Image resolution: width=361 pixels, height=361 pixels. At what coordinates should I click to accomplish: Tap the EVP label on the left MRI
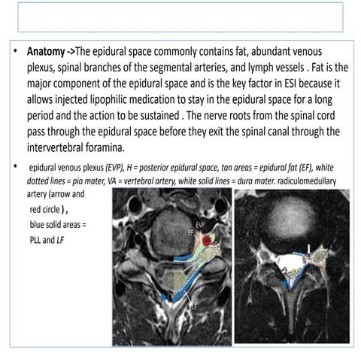[x=202, y=225]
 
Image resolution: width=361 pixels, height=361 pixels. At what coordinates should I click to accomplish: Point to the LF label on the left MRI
[x=193, y=307]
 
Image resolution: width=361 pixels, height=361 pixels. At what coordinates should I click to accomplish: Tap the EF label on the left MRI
[x=191, y=234]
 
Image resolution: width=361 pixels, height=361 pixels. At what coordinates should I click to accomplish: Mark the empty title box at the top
[x=180, y=17]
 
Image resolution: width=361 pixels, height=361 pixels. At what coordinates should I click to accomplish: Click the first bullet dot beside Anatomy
[x=16, y=54]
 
